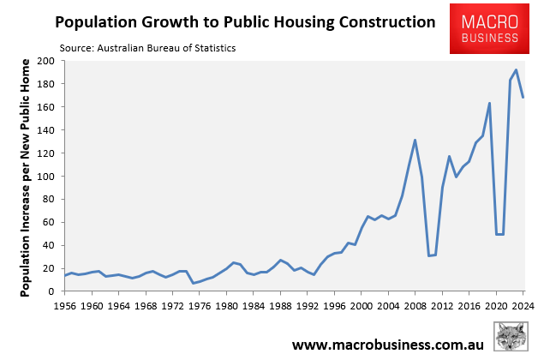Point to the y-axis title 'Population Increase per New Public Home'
point(26,177)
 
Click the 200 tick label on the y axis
point(46,62)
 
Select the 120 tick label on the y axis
point(46,153)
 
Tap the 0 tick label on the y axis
point(51,291)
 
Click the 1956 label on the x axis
point(65,305)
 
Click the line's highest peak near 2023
point(516,70)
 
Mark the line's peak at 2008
point(415,140)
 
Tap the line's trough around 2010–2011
point(429,255)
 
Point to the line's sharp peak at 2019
point(489,104)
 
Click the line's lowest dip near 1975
point(194,283)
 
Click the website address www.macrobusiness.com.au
point(389,345)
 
